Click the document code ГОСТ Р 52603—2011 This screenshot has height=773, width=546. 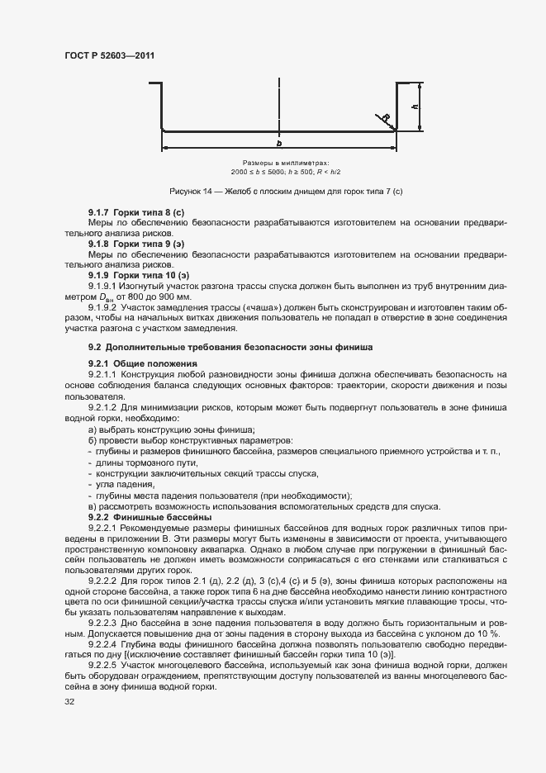tap(109, 55)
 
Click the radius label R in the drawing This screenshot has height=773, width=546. tap(385, 116)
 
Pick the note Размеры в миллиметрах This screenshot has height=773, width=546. tap(280, 164)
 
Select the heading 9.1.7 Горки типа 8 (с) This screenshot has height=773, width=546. tap(135, 213)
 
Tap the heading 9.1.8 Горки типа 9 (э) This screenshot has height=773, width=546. tap(135, 244)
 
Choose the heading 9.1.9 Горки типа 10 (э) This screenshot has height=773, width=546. tap(138, 275)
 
